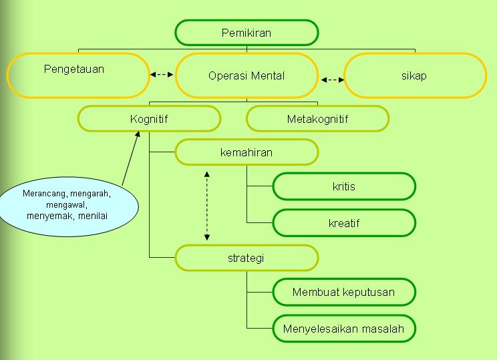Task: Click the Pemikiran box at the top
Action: pos(246,33)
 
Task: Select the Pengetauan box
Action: pos(77,75)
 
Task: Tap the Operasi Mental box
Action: pos(246,75)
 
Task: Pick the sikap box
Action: pos(415,75)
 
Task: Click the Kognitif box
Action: pos(149,120)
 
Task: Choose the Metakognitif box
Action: pos(317,120)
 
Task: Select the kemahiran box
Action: pos(246,152)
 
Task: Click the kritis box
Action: pos(344,186)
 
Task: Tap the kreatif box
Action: pos(344,222)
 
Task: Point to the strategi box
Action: pos(246,258)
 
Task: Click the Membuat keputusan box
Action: pos(344,292)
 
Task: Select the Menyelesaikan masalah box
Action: pos(344,329)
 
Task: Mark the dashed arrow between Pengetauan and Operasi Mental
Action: pos(162,75)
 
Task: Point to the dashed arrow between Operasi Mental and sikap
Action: pos(332,79)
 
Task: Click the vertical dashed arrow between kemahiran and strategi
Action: pos(206,205)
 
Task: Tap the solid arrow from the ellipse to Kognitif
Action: pos(131,158)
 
